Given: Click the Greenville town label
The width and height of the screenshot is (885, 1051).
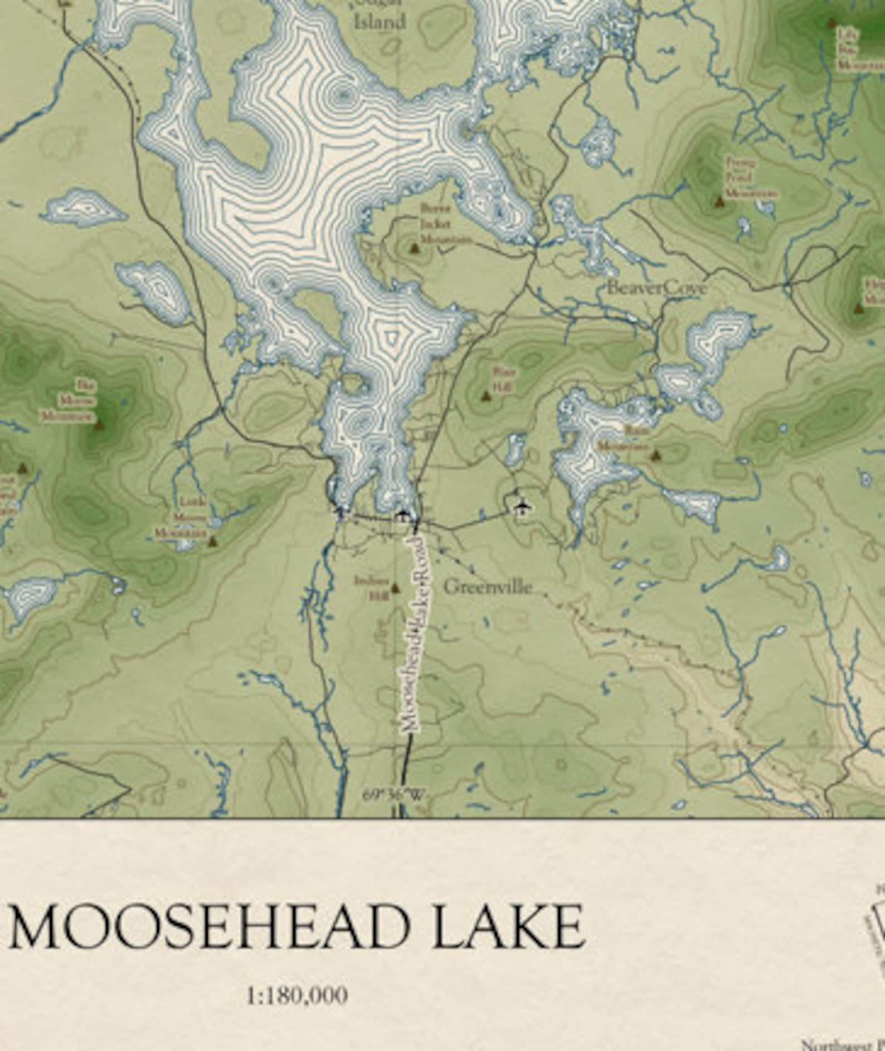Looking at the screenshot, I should click(488, 587).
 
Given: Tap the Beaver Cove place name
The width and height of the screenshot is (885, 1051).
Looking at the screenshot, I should click(657, 288).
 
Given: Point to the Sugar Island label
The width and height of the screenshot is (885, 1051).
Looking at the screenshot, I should click(380, 17).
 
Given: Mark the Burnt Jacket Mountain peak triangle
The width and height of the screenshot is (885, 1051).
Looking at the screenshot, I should click(414, 246).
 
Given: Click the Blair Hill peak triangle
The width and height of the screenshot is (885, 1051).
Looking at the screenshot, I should click(485, 396).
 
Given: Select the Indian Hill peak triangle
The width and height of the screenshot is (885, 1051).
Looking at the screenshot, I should click(396, 587).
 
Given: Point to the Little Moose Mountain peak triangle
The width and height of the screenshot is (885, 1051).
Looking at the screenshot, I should click(212, 540).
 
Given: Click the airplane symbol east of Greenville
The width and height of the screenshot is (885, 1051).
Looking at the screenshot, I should click(522, 506).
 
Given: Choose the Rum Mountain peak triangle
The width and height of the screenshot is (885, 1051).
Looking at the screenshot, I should click(656, 455).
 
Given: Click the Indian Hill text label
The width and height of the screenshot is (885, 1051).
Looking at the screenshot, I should click(372, 587).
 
